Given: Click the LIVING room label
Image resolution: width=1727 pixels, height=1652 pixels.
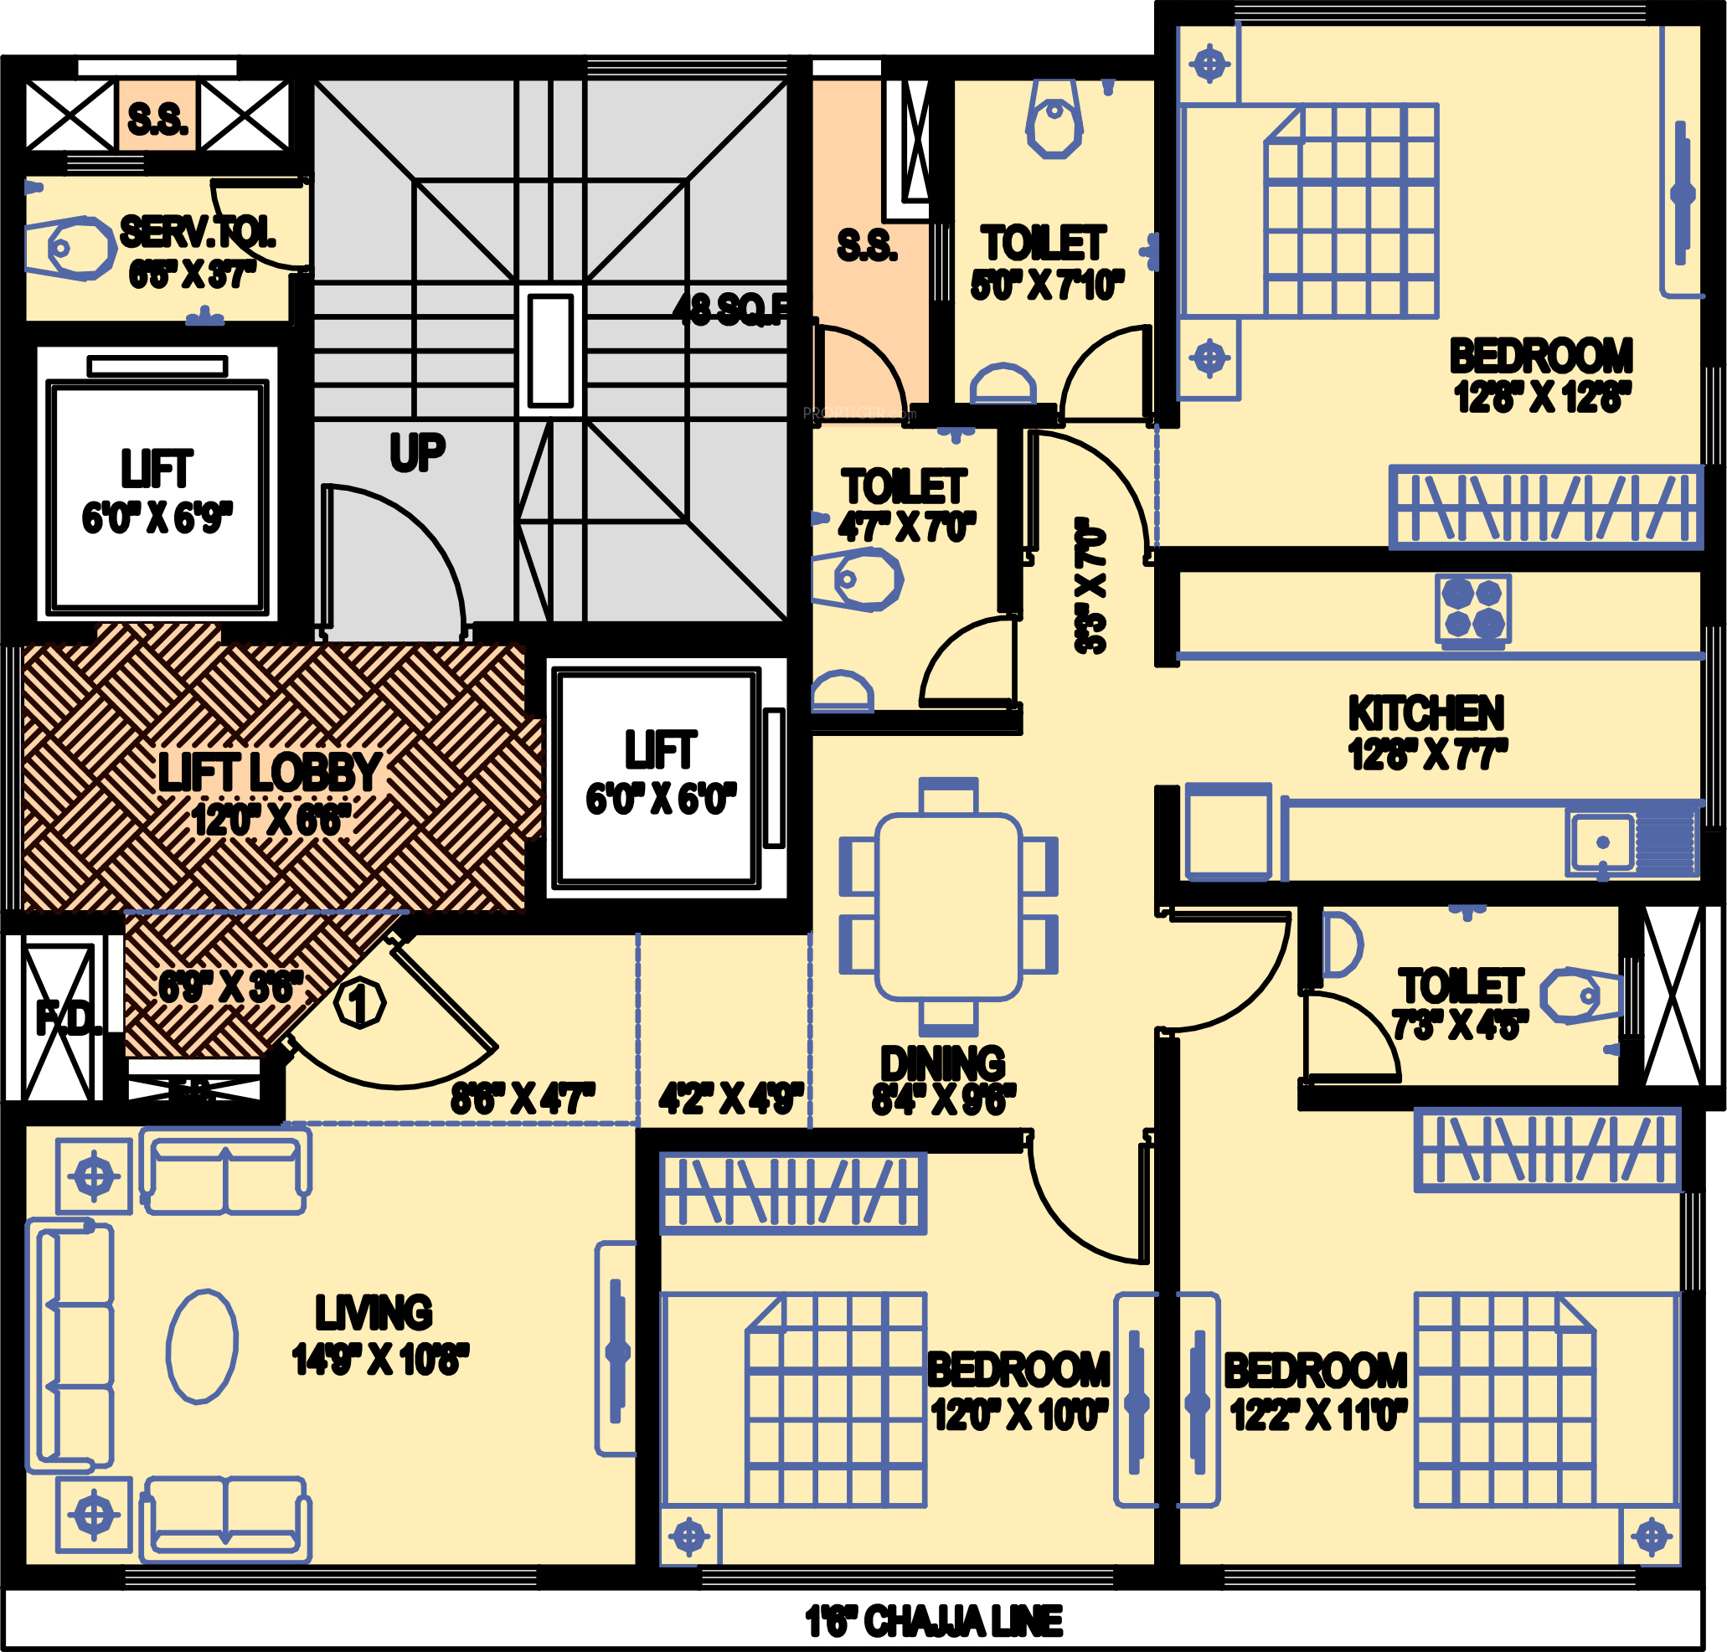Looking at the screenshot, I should tap(374, 1312).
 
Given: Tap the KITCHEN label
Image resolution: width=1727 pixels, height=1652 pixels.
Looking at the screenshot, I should tap(1425, 713).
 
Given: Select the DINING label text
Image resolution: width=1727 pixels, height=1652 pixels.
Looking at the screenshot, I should tap(942, 1063).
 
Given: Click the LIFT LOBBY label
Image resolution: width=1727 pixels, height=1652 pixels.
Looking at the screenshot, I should tap(270, 772).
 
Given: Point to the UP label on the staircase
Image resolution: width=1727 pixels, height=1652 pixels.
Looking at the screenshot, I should tap(417, 454).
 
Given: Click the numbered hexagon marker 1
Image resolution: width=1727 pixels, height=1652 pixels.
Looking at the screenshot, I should tap(359, 1003).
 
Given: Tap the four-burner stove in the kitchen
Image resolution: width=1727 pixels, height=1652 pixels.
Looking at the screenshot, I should tap(1472, 609).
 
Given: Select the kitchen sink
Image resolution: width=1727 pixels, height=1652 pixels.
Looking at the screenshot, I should tap(1602, 842).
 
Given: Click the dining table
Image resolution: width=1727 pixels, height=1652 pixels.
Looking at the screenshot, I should tap(948, 906).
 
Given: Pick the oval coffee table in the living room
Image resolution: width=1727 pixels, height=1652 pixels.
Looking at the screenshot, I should tap(202, 1346).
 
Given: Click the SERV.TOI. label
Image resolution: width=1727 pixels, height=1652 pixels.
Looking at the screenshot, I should tap(198, 233).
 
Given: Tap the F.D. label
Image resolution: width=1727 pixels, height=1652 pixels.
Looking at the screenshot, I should tap(67, 1019).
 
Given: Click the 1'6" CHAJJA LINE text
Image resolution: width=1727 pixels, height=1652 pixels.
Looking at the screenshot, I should tap(934, 1621).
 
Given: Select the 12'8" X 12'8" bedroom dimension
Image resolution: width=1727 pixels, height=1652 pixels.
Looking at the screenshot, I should tap(1542, 398).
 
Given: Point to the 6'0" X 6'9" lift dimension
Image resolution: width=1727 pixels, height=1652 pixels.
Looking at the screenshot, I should tap(157, 518).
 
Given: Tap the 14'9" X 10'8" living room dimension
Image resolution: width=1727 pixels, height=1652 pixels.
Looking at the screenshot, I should tap(379, 1360).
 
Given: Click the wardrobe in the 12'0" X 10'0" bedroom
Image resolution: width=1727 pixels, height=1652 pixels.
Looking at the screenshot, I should tap(792, 1192).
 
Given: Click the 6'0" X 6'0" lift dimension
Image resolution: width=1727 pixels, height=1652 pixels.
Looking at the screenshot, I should tap(661, 799).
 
